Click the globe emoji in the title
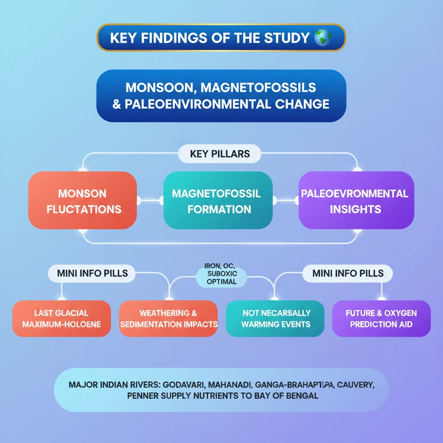tap(323, 38)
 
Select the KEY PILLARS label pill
tap(220, 154)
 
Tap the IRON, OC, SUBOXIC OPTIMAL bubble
tap(221, 276)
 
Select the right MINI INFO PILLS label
tap(348, 273)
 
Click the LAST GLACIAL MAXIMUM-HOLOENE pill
tap(61, 318)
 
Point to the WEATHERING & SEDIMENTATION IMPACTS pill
tap(168, 318)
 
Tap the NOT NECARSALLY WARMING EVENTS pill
tap(276, 318)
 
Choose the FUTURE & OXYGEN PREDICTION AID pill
tap(381, 318)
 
